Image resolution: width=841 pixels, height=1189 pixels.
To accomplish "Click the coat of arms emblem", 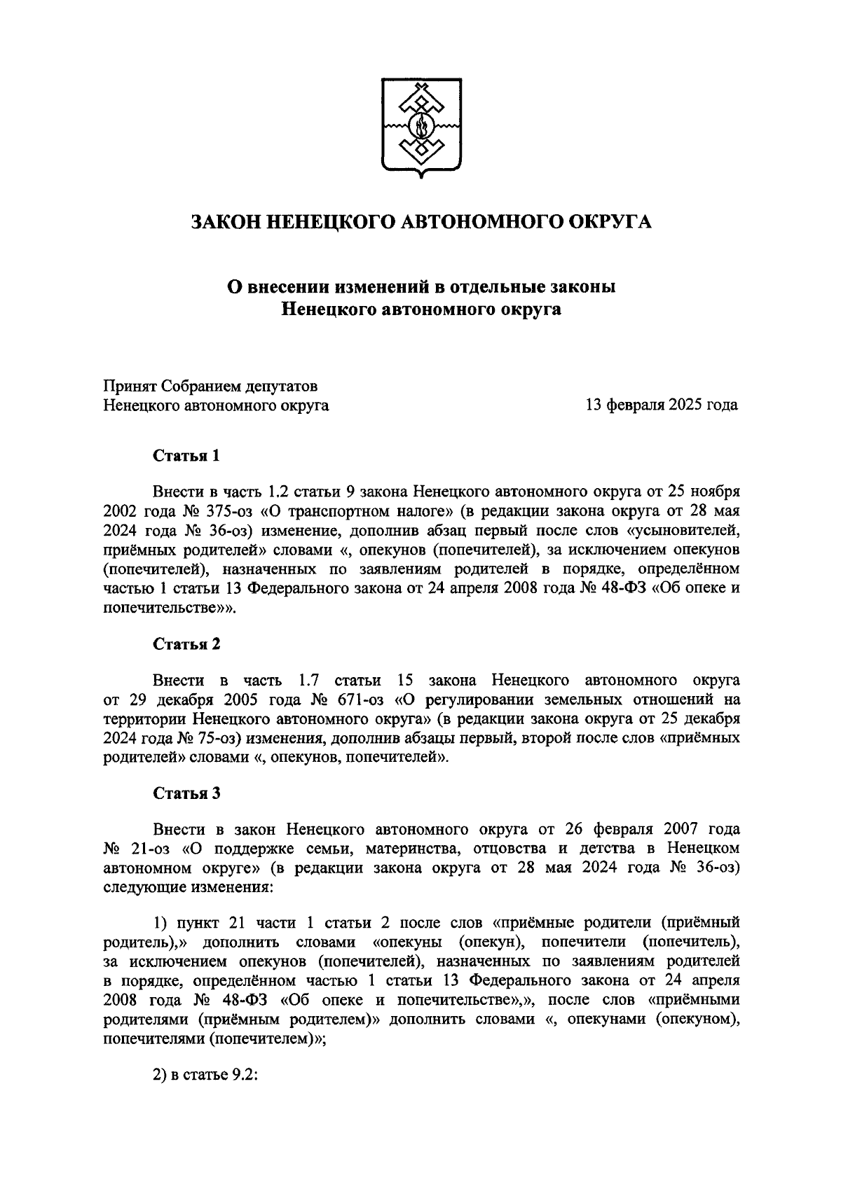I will point(421,125).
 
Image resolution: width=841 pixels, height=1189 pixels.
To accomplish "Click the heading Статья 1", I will point(187,456).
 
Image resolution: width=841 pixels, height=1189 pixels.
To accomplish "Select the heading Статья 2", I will point(187,644).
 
